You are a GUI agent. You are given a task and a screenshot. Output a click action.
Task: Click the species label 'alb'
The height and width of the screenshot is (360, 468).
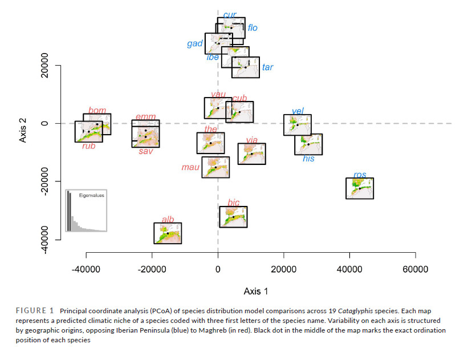[168, 219]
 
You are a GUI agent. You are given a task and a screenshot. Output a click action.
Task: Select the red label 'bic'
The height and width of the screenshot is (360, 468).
[233, 203]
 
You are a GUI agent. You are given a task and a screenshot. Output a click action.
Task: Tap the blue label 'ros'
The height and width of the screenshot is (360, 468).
[360, 175]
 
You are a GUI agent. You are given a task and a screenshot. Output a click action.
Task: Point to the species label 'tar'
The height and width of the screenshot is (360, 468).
[267, 67]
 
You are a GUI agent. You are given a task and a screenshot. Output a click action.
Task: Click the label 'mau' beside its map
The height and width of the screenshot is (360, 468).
[190, 167]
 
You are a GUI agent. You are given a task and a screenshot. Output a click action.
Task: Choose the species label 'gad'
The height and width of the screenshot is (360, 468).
[195, 44]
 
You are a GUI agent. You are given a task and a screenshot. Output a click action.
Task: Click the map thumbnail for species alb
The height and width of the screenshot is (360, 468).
[168, 233]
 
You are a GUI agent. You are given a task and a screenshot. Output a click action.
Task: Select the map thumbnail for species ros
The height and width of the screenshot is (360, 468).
[360, 188]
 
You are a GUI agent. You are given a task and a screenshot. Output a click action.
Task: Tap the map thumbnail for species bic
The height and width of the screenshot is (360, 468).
[233, 217]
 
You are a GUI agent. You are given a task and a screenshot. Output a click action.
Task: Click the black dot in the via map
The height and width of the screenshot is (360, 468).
[251, 153]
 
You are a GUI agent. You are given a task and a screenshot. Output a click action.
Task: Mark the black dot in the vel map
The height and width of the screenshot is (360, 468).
[298, 125]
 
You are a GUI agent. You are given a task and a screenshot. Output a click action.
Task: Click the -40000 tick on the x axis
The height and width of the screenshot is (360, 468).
[87, 269]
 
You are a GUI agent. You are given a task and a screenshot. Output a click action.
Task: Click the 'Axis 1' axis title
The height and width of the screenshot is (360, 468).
[256, 291]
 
